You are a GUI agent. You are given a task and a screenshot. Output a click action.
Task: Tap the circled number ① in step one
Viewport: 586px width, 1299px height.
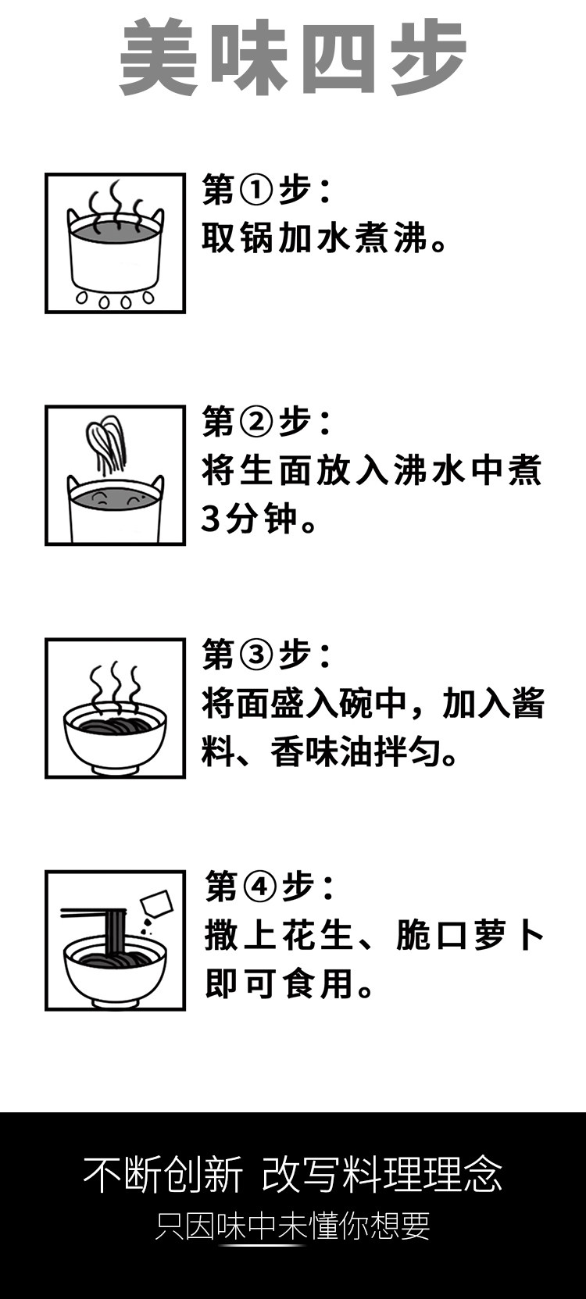tap(257, 190)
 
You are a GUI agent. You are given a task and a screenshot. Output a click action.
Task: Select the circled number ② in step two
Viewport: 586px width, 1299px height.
tap(257, 423)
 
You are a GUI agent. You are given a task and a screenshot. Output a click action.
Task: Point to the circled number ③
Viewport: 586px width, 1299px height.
tap(257, 655)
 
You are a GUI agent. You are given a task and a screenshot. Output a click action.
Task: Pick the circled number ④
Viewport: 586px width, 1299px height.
tap(260, 887)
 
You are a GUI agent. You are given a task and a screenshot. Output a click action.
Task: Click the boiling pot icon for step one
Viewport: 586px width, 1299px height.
tap(115, 243)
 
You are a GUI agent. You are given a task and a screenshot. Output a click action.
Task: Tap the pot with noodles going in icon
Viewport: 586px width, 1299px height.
tap(115, 475)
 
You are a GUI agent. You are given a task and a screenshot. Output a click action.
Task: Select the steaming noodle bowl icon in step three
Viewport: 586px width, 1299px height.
tap(115, 708)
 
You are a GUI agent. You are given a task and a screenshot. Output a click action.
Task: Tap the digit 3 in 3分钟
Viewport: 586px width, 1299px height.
tap(210, 519)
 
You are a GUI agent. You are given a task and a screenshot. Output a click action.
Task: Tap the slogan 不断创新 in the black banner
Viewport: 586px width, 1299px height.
tap(163, 1174)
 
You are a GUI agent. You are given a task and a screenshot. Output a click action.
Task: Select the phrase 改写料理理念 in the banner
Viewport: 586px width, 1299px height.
tap(382, 1174)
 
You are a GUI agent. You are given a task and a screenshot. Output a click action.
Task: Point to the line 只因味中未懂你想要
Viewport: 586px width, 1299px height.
tap(293, 1226)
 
